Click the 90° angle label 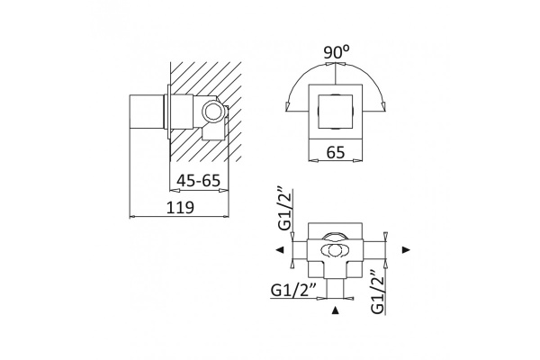[x=336, y=52]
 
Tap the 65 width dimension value [x=336, y=152]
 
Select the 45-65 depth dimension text [x=198, y=180]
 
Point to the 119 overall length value [x=181, y=207]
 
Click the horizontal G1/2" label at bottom [x=293, y=291]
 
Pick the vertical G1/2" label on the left [x=285, y=210]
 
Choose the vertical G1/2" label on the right [x=378, y=292]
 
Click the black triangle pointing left [x=280, y=250]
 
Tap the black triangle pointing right [x=407, y=250]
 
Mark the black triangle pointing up [x=335, y=310]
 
